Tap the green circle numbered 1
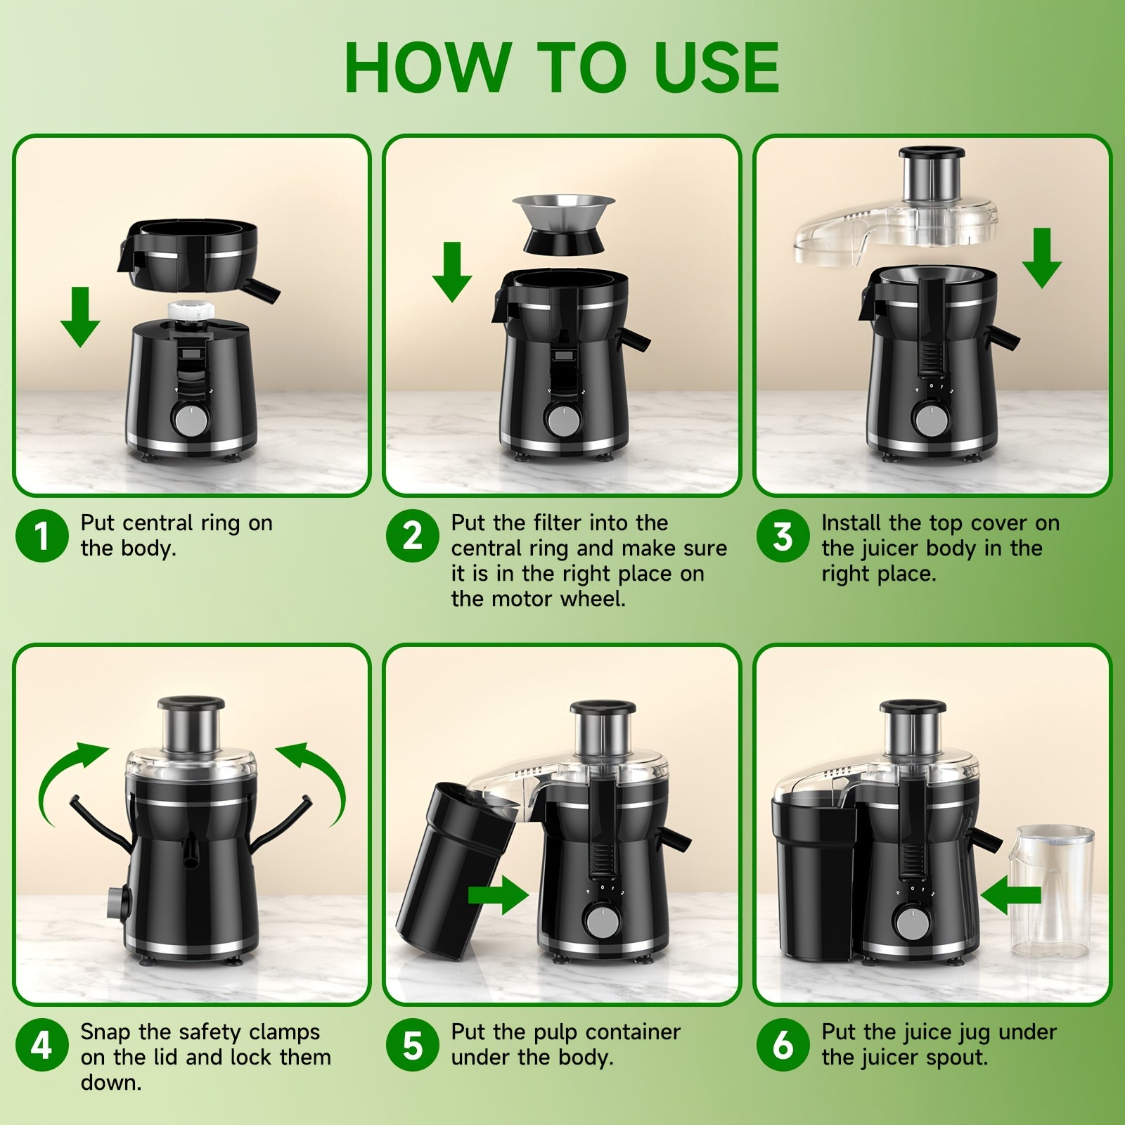[42, 536]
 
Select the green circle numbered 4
[42, 1045]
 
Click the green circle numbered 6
[783, 1045]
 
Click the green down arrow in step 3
[1041, 258]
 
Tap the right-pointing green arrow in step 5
[499, 895]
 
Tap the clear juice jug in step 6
[1052, 893]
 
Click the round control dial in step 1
[191, 420]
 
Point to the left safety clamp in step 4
[98, 823]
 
